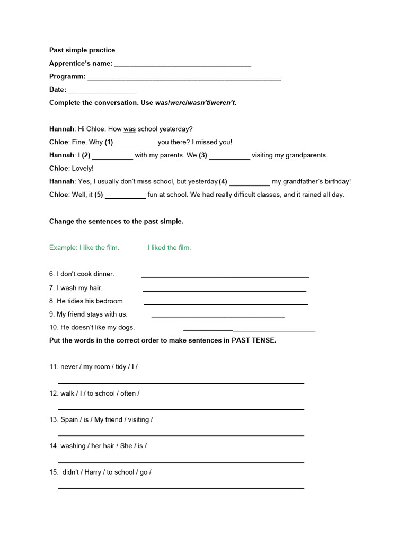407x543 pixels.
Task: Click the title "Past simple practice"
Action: coord(82,50)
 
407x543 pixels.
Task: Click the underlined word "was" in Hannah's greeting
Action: coord(130,129)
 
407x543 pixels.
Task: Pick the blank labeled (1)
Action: coord(136,144)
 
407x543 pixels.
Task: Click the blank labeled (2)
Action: coord(112,157)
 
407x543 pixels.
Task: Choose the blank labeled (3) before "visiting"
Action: coord(229,157)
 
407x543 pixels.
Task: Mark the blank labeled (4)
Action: coord(250,183)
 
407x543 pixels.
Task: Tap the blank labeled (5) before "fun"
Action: coord(126,197)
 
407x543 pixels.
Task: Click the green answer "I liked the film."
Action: coord(169,248)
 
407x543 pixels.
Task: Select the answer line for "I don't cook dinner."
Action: coord(225,276)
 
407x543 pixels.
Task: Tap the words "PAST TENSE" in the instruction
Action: coord(254,340)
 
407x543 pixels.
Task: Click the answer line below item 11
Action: coord(181,382)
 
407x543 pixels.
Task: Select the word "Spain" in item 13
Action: coord(69,419)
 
